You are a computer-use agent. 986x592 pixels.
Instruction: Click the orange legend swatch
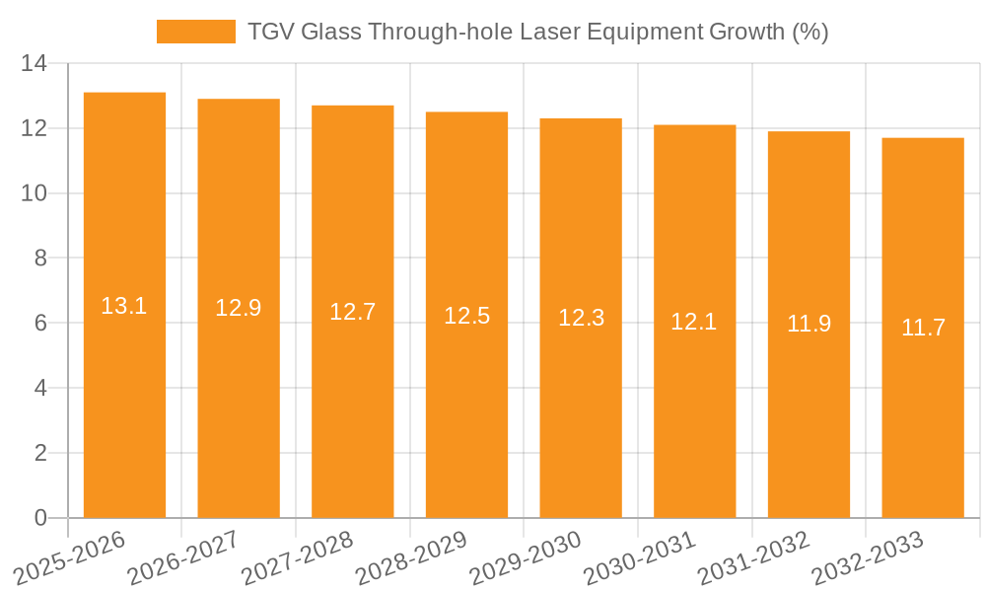click(x=195, y=32)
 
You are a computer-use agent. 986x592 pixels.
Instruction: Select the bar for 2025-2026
click(x=124, y=395)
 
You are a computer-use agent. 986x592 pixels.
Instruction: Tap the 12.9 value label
click(x=239, y=308)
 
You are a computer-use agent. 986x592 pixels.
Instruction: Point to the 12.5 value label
click(x=466, y=316)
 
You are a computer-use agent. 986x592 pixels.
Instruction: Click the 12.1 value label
click(x=694, y=321)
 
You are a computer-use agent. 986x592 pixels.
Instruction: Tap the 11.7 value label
click(x=923, y=328)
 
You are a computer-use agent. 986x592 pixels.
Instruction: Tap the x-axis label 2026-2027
click(x=183, y=558)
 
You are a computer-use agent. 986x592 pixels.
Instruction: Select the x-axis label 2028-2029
click(x=411, y=558)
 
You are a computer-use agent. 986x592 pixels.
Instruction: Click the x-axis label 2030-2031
click(x=640, y=558)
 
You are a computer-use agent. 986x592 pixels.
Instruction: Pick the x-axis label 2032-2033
click(x=868, y=558)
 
